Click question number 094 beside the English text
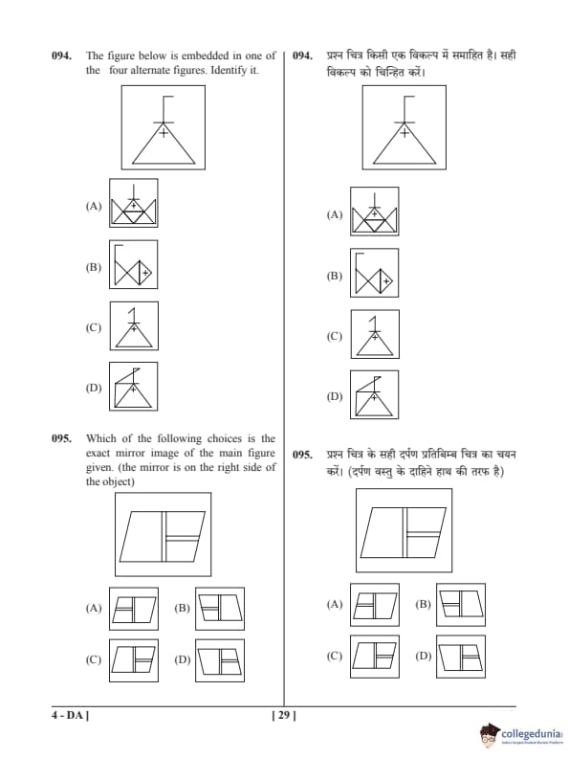[62, 56]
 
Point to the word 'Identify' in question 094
[229, 71]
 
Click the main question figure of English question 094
[164, 127]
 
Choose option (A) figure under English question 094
[133, 203]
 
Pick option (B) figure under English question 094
[133, 264]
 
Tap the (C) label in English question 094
[94, 327]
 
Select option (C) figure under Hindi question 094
[375, 335]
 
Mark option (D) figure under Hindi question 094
[374, 394]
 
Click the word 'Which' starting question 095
[101, 438]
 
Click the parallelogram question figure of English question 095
[163, 534]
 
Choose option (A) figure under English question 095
[134, 609]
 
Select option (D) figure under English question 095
[220, 660]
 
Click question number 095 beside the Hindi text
[303, 455]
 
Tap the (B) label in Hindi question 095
[423, 604]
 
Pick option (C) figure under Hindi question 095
[375, 657]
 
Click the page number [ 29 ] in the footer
[285, 715]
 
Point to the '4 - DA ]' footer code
[71, 715]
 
